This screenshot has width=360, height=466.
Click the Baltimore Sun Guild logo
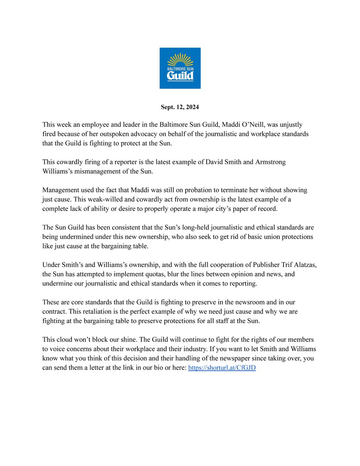pyautogui.click(x=180, y=68)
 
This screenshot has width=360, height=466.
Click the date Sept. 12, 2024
pyautogui.click(x=180, y=107)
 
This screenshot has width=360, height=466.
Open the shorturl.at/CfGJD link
pyautogui.click(x=222, y=367)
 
